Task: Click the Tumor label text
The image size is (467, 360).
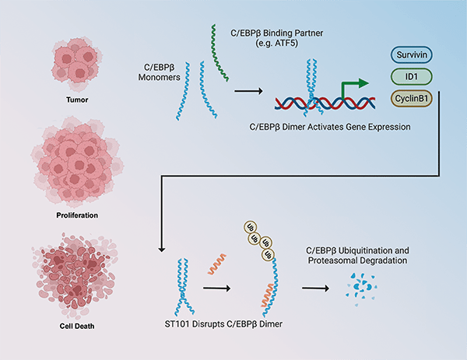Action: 77,99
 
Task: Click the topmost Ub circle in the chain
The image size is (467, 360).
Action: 252,226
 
